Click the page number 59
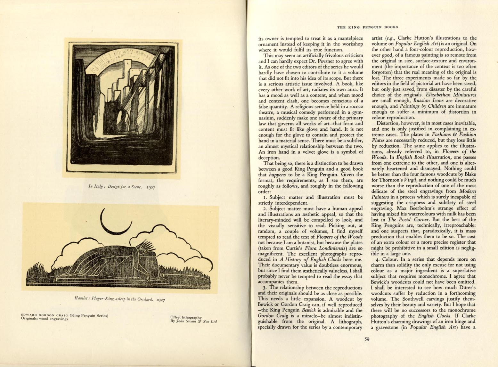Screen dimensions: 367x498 [x=367, y=339]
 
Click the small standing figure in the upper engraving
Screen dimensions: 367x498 [x=136, y=129]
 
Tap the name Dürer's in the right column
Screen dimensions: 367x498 [x=466, y=288]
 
